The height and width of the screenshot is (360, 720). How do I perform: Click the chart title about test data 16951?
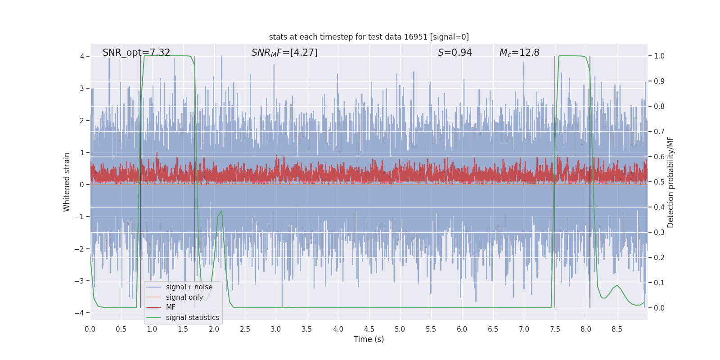click(369, 37)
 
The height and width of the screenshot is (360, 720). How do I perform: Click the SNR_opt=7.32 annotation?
click(136, 53)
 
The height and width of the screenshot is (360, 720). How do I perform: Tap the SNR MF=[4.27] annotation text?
click(284, 53)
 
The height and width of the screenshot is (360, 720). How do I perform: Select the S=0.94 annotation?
click(454, 53)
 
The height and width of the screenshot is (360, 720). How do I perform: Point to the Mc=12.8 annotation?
click(519, 53)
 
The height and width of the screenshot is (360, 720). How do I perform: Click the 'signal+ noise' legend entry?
click(189, 287)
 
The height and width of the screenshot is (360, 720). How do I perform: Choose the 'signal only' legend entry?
click(184, 297)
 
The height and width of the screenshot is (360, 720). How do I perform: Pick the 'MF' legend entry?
click(171, 307)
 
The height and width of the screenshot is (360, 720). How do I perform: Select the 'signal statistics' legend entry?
click(192, 318)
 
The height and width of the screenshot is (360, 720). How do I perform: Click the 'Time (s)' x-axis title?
click(369, 339)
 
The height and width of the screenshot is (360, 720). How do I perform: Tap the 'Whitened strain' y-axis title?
click(67, 182)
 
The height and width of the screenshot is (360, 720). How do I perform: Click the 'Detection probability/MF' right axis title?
click(670, 182)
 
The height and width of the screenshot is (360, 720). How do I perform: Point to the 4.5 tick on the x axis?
click(369, 329)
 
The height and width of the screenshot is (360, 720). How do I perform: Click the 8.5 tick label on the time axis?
click(617, 329)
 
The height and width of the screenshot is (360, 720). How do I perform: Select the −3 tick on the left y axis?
click(81, 281)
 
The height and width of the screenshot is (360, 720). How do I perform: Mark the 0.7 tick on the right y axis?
click(659, 131)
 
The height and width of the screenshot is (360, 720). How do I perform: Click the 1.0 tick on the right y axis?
click(659, 56)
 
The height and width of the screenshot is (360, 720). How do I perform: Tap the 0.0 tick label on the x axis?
click(90, 329)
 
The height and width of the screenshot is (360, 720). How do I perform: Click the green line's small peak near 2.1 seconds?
click(221, 211)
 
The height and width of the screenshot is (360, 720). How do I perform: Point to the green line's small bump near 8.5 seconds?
click(616, 285)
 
